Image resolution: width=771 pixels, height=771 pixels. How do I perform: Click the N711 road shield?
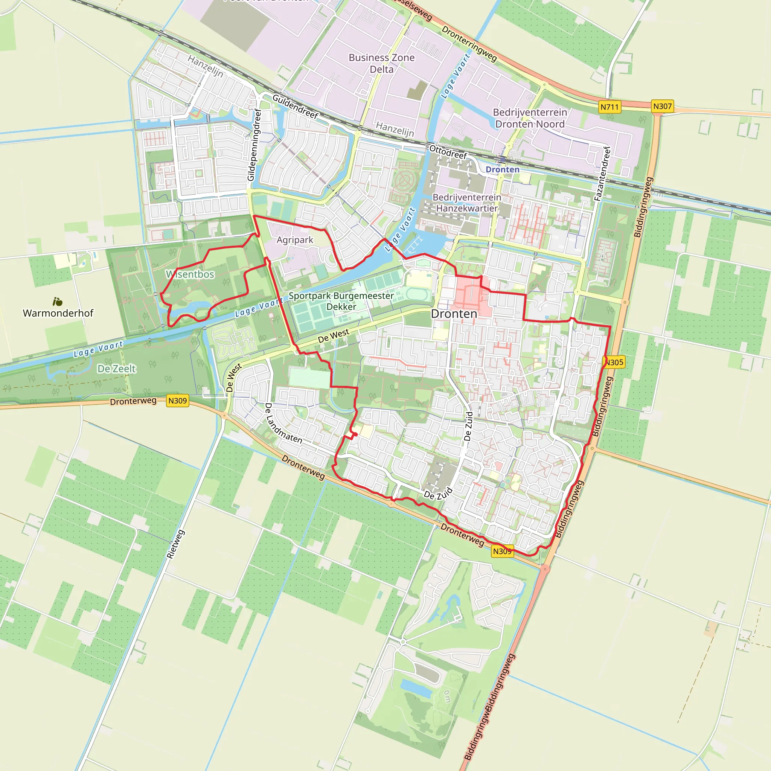click(609, 107)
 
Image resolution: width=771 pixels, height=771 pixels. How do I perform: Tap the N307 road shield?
click(662, 107)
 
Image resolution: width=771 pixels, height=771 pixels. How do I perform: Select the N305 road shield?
click(614, 363)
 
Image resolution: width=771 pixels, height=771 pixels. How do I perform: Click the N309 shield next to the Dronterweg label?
click(177, 401)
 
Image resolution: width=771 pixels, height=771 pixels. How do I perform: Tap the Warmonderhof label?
click(58, 313)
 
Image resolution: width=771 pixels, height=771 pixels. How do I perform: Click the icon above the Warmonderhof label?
click(58, 301)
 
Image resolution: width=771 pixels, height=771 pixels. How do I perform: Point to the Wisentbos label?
click(190, 274)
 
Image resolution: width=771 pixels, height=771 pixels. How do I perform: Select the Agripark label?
click(295, 240)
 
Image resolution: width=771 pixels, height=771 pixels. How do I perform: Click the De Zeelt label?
click(117, 369)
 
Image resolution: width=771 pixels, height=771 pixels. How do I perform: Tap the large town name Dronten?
click(454, 314)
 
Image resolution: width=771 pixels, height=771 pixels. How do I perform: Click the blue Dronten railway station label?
click(503, 170)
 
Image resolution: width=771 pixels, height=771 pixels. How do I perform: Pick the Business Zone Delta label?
click(381, 64)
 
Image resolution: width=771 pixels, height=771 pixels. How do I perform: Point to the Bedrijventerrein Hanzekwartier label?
click(467, 203)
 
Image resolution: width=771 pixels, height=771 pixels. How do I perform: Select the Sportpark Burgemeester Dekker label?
click(341, 301)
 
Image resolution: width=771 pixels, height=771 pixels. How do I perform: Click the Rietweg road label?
click(175, 544)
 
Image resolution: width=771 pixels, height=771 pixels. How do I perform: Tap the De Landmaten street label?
click(283, 424)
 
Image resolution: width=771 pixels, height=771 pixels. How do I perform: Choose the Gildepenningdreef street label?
click(254, 145)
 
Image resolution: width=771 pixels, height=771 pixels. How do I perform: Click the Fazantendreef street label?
click(602, 174)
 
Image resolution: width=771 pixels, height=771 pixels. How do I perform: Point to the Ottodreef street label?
click(448, 152)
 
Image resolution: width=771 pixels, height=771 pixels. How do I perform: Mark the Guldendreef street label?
click(295, 107)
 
